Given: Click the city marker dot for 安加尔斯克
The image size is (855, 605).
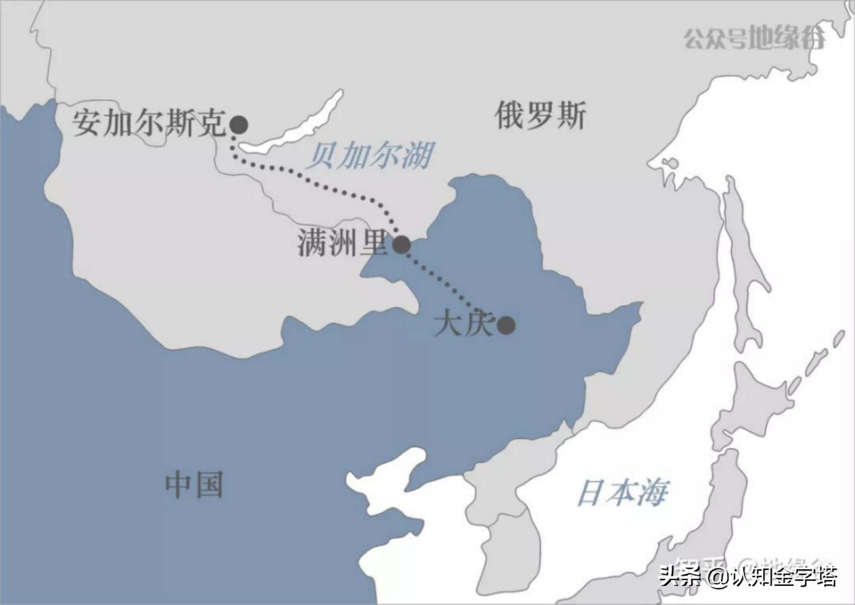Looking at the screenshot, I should point(239,125).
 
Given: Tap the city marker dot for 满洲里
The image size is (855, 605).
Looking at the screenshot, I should point(401,245).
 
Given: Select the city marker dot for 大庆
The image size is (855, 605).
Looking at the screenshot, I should point(506,325).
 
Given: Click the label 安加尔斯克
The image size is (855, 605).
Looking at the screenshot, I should point(149,123).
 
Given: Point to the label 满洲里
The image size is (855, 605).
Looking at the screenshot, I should point(342,243).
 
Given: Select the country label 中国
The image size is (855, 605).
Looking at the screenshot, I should point(194,485).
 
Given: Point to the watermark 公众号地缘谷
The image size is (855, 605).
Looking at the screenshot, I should point(754,39).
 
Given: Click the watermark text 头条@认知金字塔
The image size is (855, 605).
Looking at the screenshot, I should point(748,576).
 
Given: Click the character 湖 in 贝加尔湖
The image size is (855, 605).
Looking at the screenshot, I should point(416,156).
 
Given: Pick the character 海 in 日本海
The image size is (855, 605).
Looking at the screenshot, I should point(652,493).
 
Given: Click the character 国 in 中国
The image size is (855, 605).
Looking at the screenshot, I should point(208,485).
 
